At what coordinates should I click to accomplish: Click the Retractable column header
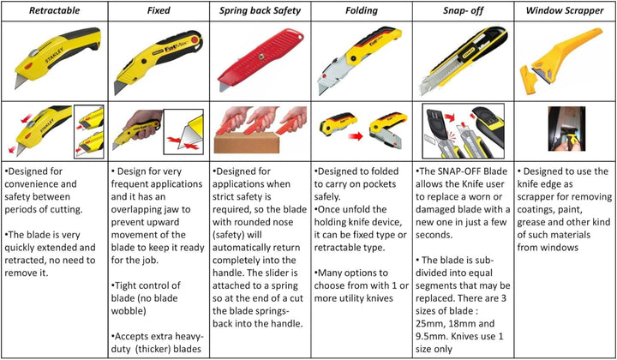(54, 10)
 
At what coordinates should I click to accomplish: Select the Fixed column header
(159, 10)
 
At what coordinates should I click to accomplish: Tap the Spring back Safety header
(261, 10)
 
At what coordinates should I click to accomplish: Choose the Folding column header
(362, 10)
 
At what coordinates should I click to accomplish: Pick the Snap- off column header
(463, 10)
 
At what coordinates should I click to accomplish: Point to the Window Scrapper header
(565, 10)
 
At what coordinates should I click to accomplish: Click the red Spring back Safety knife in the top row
(261, 60)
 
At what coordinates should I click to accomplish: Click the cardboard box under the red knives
(247, 142)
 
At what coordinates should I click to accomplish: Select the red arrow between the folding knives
(356, 136)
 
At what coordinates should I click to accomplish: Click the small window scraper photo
(566, 129)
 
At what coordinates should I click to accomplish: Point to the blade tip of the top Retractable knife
(15, 88)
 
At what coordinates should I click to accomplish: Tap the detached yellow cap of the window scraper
(528, 80)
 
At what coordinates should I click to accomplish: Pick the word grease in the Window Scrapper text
(530, 223)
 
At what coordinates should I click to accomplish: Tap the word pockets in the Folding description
(381, 184)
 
